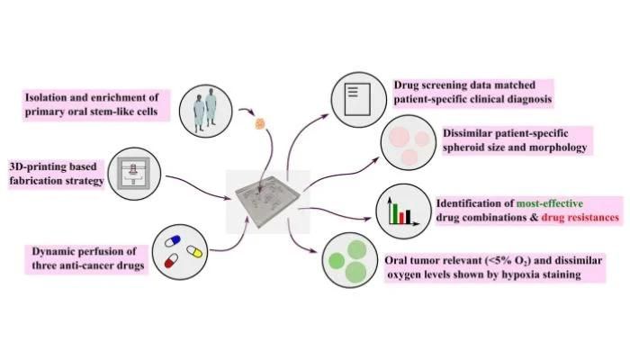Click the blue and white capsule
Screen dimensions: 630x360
click(x=173, y=241)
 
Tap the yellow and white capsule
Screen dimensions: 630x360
click(x=195, y=251)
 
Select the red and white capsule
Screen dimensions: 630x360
click(x=172, y=261)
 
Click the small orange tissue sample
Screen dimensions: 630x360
click(x=260, y=123)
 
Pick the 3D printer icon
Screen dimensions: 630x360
click(x=134, y=174)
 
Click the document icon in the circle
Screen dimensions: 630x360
click(x=357, y=99)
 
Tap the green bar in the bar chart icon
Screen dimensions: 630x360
click(x=395, y=214)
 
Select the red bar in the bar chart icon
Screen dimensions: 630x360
click(x=401, y=218)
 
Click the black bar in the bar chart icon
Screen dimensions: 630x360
click(x=408, y=217)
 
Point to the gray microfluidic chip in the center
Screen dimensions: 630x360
click(x=267, y=201)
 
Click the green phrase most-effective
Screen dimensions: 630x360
click(x=550, y=203)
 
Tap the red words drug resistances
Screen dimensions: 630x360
click(x=580, y=218)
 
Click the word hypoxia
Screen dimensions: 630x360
click(x=524, y=274)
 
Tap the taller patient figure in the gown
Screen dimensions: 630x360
click(x=211, y=107)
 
